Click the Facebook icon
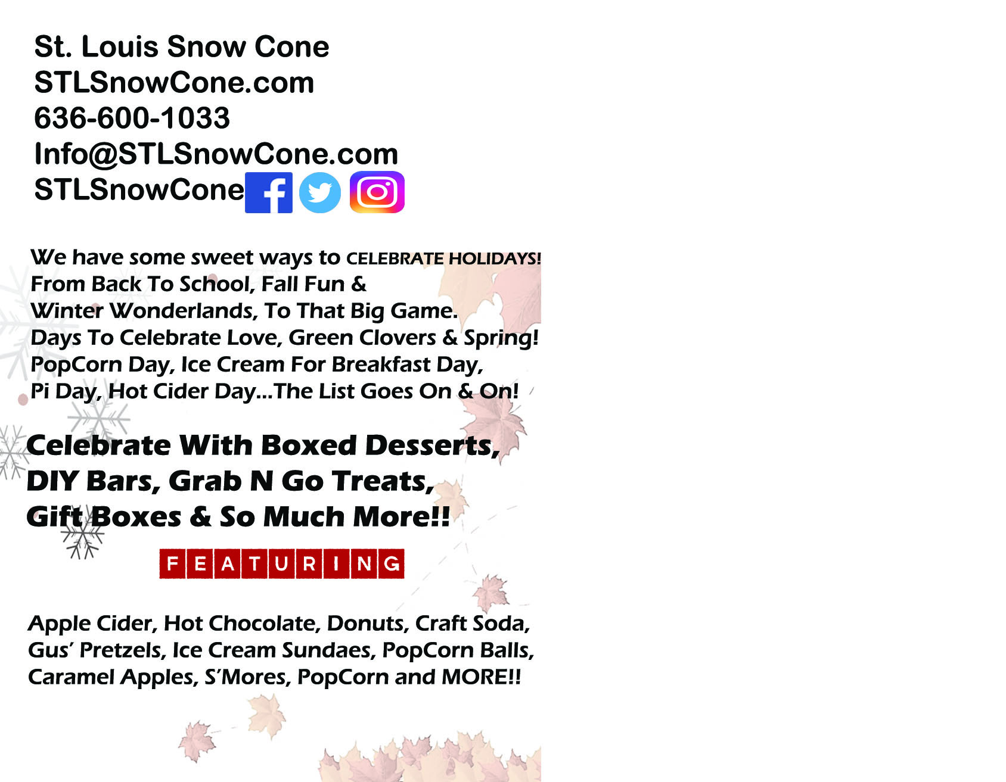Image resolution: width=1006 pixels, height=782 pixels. (x=269, y=192)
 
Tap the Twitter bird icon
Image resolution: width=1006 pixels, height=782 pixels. (x=320, y=192)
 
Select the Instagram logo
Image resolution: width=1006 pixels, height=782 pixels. (x=377, y=192)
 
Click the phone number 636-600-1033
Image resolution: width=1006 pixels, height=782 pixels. (x=132, y=118)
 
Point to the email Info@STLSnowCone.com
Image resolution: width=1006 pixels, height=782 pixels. (x=216, y=154)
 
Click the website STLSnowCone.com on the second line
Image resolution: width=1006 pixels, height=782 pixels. (x=174, y=82)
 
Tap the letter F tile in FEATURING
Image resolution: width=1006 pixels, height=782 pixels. (x=173, y=563)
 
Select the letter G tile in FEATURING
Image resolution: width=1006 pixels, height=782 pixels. (x=392, y=563)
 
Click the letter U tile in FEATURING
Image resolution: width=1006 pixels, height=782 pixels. (x=282, y=563)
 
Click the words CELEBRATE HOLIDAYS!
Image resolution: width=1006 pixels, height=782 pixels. (x=443, y=258)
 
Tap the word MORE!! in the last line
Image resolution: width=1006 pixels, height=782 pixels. (x=481, y=677)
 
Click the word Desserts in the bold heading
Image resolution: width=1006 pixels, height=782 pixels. (x=432, y=445)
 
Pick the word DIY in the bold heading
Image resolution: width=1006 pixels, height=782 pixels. (x=52, y=481)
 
